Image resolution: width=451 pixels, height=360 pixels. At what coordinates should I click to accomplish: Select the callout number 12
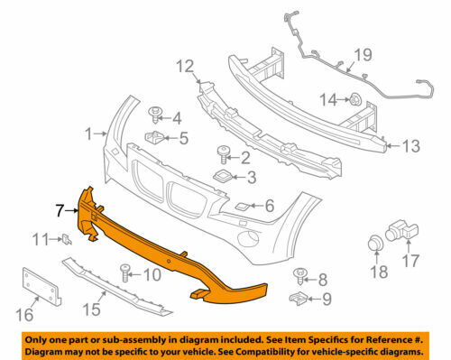(x=185, y=66)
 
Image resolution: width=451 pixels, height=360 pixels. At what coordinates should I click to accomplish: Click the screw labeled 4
(x=156, y=114)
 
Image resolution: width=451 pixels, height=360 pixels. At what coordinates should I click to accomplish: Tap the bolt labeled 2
(x=222, y=155)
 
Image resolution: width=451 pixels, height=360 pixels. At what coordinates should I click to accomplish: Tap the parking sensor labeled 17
(x=396, y=233)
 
